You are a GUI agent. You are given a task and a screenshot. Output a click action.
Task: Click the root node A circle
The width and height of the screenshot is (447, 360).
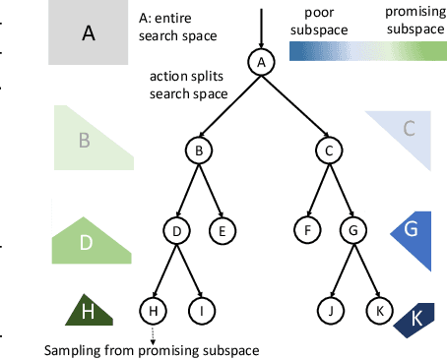click(x=261, y=63)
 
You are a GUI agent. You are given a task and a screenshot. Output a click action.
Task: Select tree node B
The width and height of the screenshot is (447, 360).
click(x=199, y=150)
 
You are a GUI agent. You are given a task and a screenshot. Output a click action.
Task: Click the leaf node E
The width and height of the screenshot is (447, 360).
click(x=221, y=231)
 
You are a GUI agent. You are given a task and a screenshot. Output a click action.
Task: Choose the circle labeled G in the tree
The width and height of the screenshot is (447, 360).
click(x=351, y=231)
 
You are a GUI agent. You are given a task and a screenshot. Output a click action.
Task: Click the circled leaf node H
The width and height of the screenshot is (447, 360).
click(x=154, y=311)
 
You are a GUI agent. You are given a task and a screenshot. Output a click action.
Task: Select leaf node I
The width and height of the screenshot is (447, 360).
click(x=202, y=311)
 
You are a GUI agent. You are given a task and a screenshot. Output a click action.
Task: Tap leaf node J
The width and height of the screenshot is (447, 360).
click(x=332, y=311)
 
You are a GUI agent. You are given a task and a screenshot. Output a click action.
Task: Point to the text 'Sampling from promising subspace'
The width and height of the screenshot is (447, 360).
click(x=154, y=350)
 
